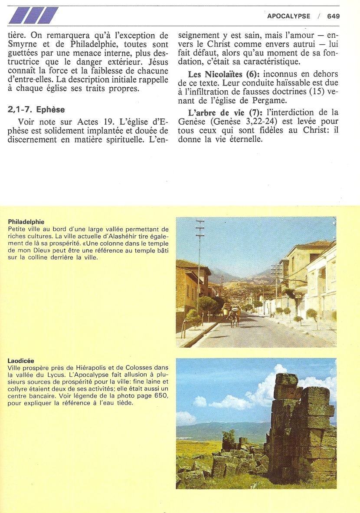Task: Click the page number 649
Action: pos(334,16)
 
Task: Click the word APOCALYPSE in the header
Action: pos(288,16)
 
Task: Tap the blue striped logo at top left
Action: pos(33,15)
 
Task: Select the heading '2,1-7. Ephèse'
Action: pos(36,109)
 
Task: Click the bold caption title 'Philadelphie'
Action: pos(26,222)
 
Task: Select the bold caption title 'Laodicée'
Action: pos(21,361)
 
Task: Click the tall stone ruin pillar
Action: pos(299,430)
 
